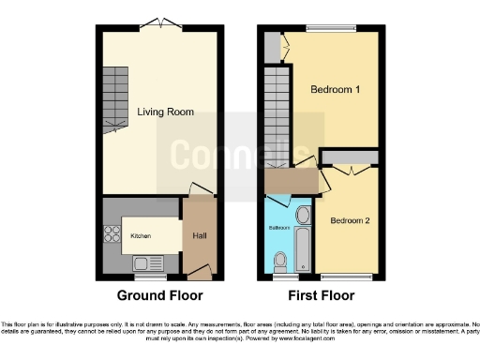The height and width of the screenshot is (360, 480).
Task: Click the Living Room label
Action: coord(165,112)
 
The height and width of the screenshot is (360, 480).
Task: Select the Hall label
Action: coord(201,235)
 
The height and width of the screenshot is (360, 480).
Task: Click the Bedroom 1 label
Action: coord(337,90)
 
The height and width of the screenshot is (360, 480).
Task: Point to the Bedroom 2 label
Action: coord(350,221)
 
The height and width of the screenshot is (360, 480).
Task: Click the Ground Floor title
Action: coord(158,295)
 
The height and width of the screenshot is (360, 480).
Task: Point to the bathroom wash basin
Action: coord(302,217)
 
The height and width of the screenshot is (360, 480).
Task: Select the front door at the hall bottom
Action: coord(200,274)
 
